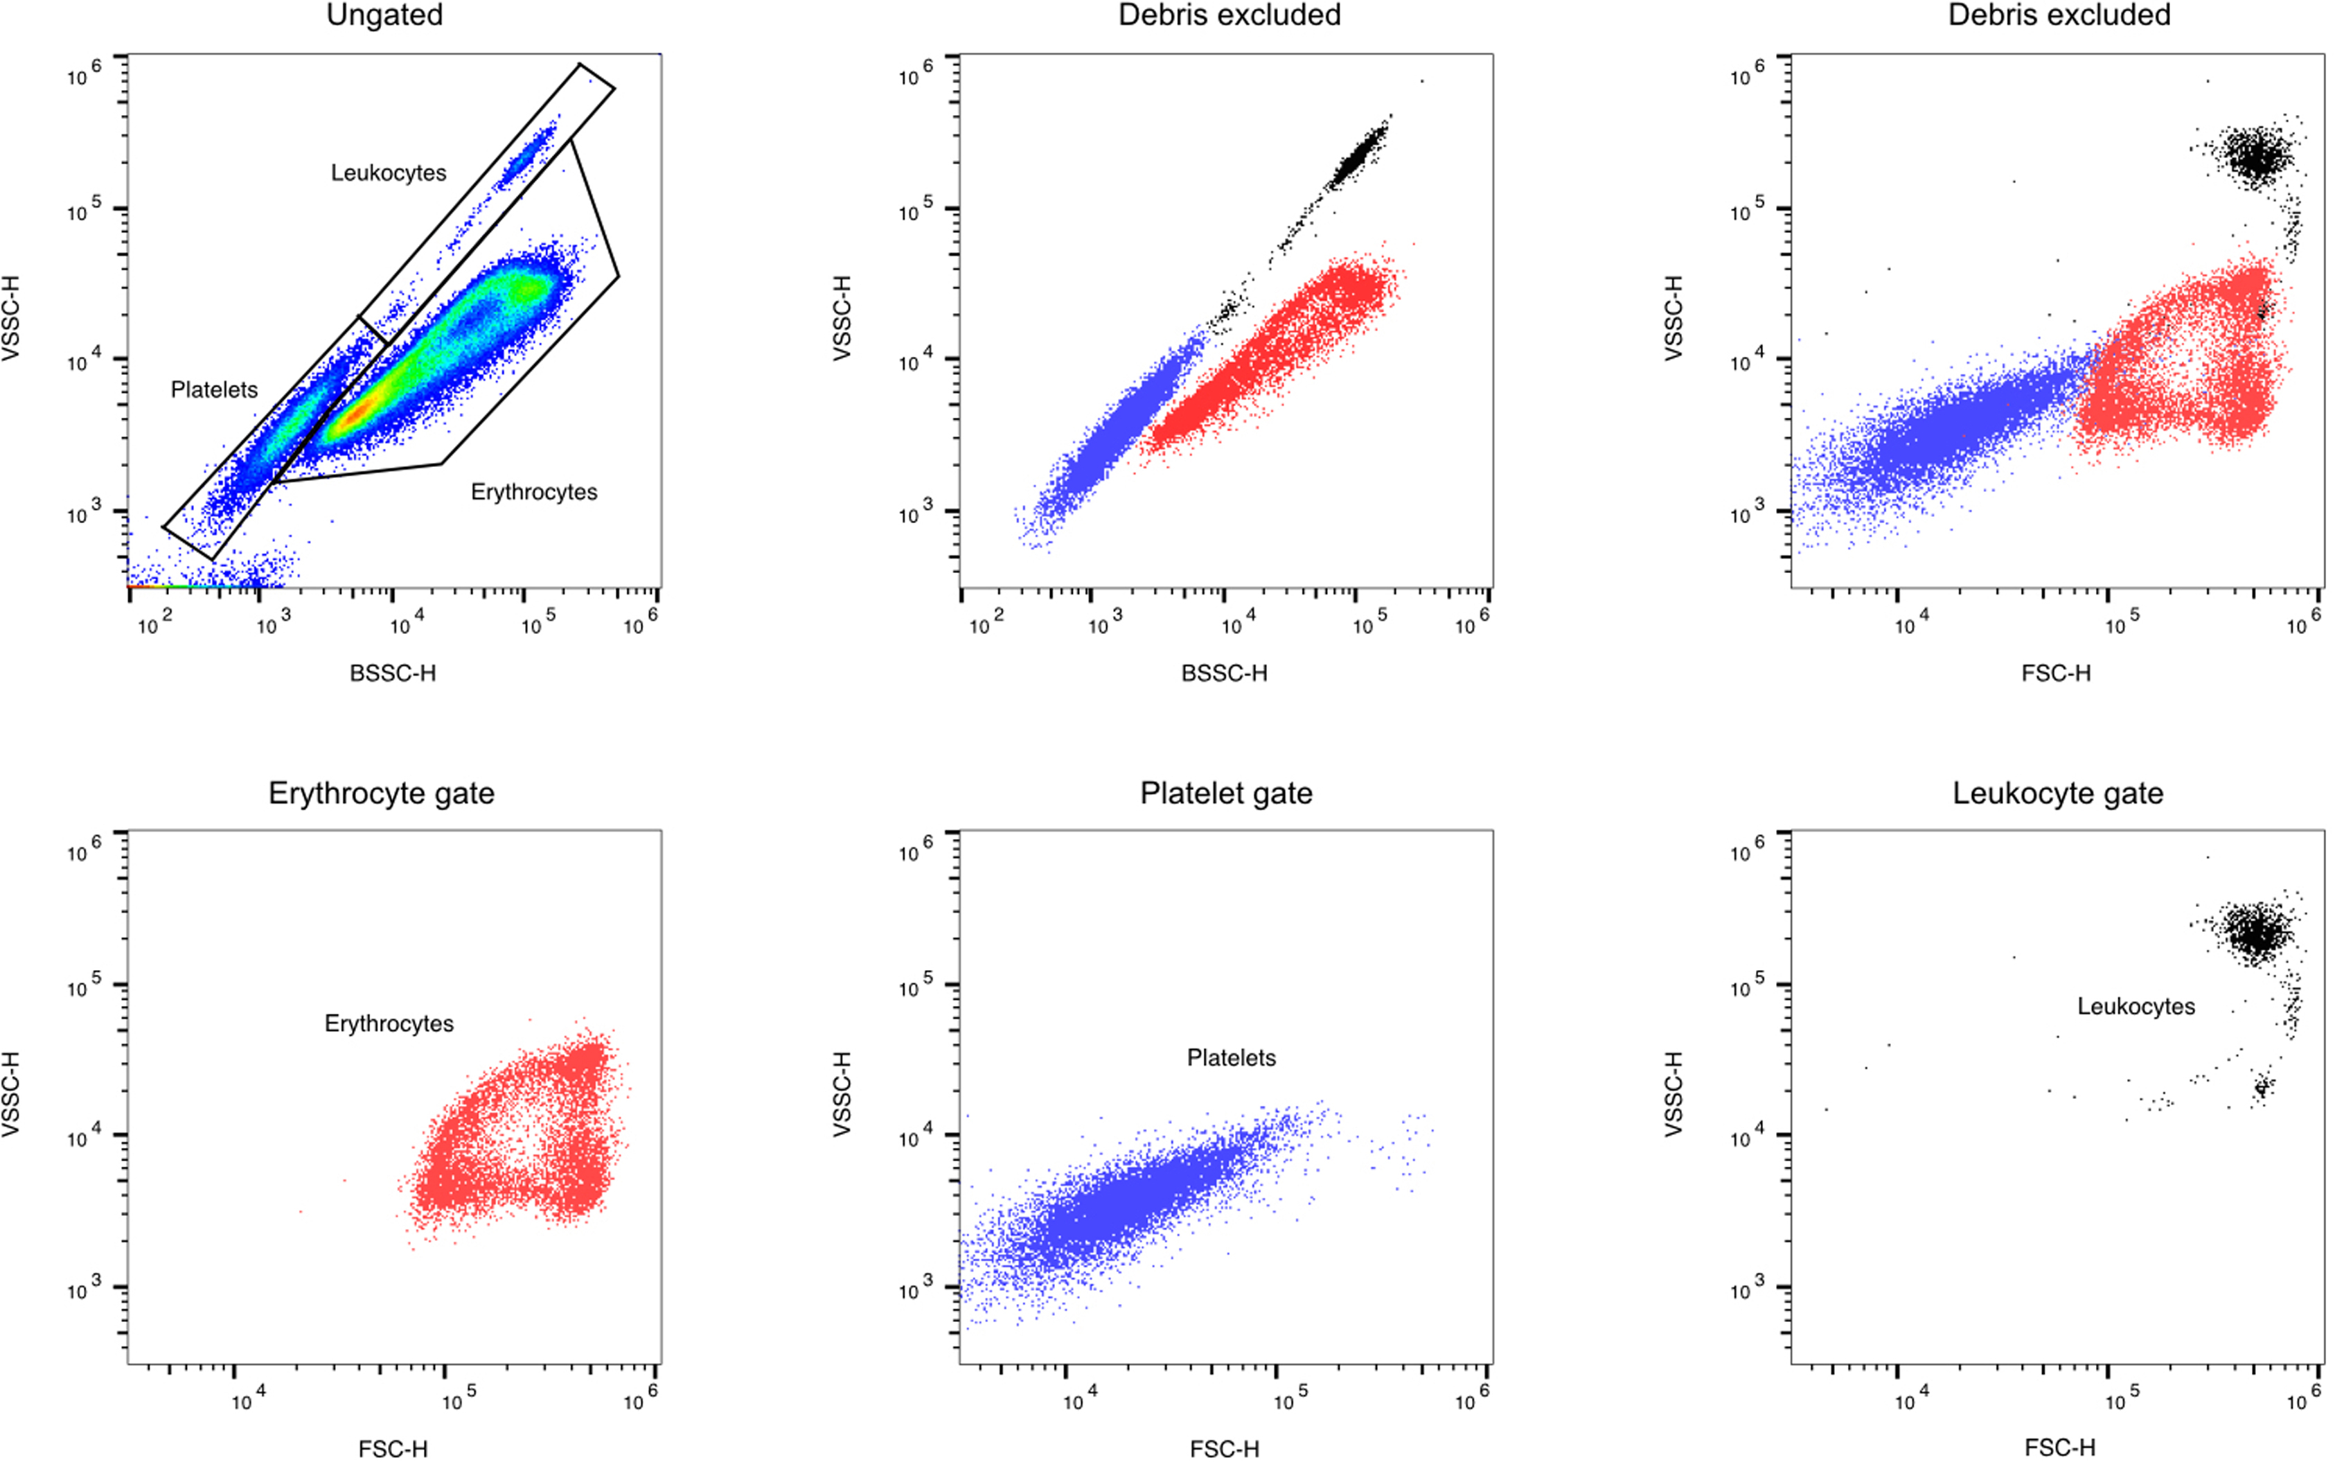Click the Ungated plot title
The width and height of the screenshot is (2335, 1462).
point(384,15)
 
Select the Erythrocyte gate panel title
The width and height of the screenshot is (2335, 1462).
point(381,794)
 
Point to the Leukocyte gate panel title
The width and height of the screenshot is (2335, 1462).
point(2058,794)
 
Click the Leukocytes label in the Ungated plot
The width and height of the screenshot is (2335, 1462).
point(389,173)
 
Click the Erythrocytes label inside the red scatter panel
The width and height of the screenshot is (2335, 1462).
point(389,1024)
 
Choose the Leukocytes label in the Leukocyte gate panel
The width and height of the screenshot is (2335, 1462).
point(2136,1007)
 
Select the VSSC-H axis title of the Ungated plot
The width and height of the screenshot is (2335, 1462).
point(12,319)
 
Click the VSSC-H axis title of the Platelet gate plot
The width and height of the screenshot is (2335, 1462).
point(843,1095)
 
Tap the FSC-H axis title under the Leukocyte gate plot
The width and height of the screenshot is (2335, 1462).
point(2059,1448)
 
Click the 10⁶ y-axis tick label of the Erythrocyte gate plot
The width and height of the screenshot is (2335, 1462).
point(83,852)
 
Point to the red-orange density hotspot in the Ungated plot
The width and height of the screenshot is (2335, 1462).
point(355,414)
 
